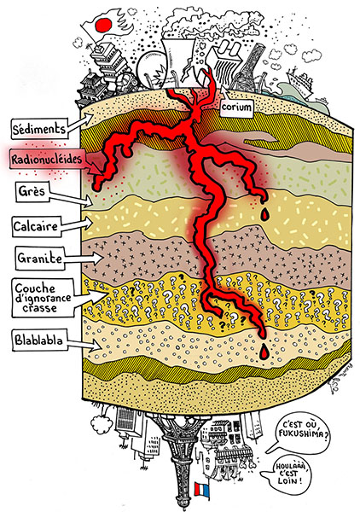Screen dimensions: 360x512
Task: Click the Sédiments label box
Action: coord(38,128)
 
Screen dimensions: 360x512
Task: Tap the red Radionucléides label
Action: coord(46,159)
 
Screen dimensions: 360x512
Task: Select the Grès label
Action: coord(32,191)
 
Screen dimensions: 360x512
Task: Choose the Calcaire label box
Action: coord(36,226)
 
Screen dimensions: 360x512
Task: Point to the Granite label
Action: coord(40,259)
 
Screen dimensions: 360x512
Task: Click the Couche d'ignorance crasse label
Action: coord(44,298)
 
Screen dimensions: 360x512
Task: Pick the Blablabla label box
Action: coord(39,340)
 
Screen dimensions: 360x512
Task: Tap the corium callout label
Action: coord(236,108)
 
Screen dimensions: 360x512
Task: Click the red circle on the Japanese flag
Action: coord(104,25)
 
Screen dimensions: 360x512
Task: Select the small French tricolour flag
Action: coord(201,489)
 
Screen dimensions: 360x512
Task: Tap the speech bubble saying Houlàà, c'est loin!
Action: coord(287,474)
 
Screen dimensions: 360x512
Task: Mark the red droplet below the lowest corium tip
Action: coord(264,352)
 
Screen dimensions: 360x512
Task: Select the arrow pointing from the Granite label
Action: coord(84,259)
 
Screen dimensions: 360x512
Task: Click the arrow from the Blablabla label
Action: coord(84,344)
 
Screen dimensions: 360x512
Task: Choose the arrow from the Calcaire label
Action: coord(77,224)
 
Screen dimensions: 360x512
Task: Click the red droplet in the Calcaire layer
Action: coord(264,214)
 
